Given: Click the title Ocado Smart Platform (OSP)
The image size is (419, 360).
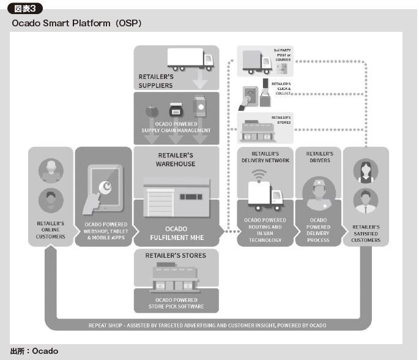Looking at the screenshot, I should pos(76,23).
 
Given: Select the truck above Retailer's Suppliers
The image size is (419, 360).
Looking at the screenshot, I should pos(190,59).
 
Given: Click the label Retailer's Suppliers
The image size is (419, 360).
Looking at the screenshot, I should pos(156,81).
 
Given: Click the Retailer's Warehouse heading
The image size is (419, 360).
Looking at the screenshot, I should pos(177,160).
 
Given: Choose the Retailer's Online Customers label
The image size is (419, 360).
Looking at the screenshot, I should pos(50,230).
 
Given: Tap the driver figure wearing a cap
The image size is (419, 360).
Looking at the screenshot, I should pos(318,194).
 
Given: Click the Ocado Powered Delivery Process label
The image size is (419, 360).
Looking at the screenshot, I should pos(319,230).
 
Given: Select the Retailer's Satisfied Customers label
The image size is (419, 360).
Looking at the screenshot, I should pos(366,233).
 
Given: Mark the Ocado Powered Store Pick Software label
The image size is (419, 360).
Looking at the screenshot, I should pos(176,302).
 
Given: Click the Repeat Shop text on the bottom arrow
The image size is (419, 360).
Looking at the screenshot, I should pos(207,325).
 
